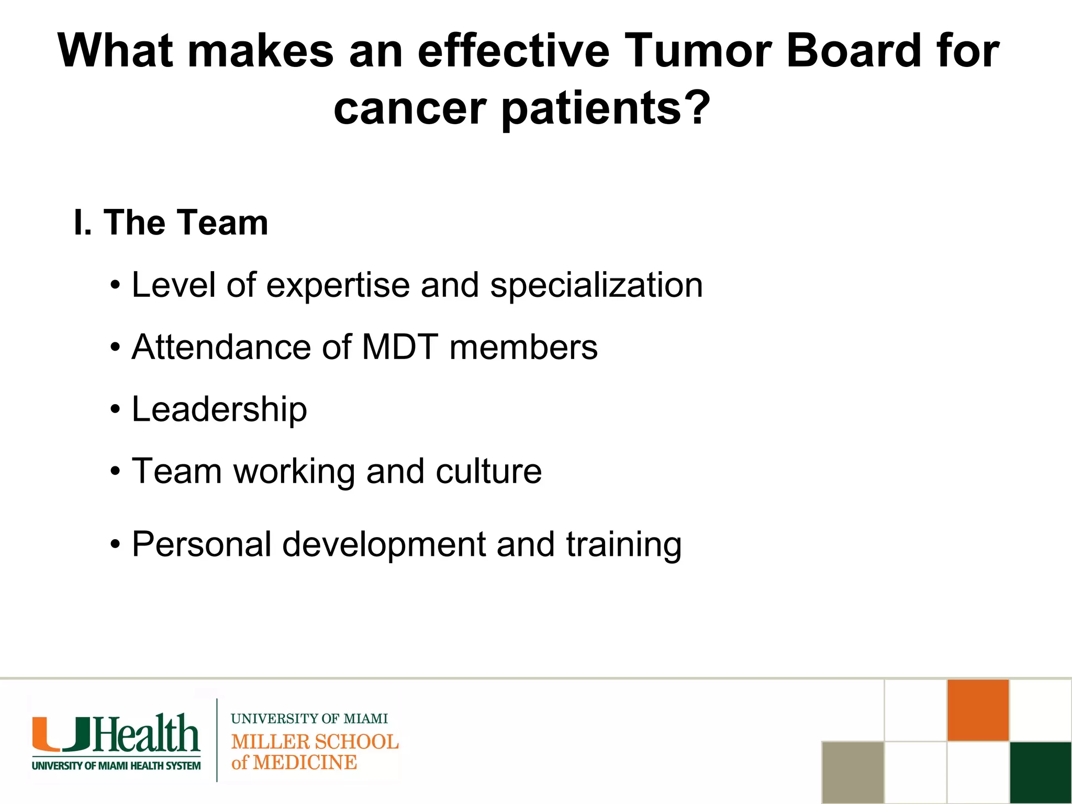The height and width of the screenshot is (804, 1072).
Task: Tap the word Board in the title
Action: (x=854, y=51)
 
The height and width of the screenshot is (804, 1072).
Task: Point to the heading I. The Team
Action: (x=171, y=222)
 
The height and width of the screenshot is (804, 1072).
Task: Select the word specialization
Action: (x=596, y=286)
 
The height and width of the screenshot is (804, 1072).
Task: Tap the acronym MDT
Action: (x=400, y=347)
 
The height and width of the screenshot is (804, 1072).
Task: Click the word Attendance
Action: (x=221, y=347)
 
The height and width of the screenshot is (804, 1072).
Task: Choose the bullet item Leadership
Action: (x=219, y=409)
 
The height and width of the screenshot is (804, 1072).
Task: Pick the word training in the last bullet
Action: (x=623, y=545)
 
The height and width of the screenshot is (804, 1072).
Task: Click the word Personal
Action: (x=202, y=544)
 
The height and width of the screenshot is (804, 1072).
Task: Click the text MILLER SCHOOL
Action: (x=315, y=742)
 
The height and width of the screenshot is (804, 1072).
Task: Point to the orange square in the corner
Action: (x=978, y=710)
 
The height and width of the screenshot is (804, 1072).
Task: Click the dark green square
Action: (x=1041, y=772)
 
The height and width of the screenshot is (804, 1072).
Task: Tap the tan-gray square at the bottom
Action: (x=853, y=772)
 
